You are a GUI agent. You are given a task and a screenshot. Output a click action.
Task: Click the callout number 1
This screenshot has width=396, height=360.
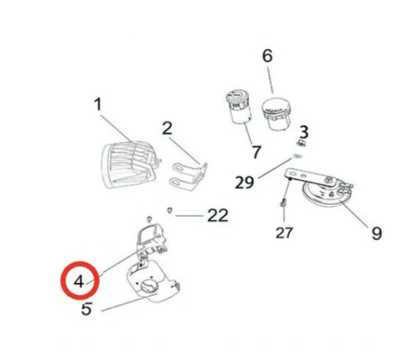pyautogui.click(x=98, y=104)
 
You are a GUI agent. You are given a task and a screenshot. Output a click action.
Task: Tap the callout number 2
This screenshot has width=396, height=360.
pyautogui.click(x=167, y=128)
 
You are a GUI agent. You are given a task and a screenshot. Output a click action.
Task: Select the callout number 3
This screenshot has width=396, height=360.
pyautogui.click(x=304, y=132)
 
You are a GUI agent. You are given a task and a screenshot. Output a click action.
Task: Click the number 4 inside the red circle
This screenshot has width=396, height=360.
pyautogui.click(x=79, y=281)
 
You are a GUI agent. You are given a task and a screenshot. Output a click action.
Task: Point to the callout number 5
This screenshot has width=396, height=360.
pyautogui.click(x=86, y=309)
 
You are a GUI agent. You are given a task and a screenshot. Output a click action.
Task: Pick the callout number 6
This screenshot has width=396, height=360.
pyautogui.click(x=267, y=56)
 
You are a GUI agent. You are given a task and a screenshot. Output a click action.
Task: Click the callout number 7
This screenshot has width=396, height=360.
pyautogui.click(x=256, y=152)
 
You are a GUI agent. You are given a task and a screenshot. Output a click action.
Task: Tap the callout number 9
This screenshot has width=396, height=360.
pyautogui.click(x=376, y=233)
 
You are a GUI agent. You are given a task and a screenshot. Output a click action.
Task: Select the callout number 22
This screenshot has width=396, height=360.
pyautogui.click(x=218, y=215)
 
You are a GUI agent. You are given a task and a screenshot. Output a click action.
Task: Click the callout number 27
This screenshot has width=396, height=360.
pyautogui.click(x=284, y=233)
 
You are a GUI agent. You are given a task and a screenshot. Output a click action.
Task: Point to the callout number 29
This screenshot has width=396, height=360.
pyautogui.click(x=244, y=182)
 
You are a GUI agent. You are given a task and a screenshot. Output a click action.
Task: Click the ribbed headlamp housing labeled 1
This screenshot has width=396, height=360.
pyautogui.click(x=129, y=165)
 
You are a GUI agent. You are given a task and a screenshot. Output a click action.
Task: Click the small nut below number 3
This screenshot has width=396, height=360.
pyautogui.click(x=300, y=144)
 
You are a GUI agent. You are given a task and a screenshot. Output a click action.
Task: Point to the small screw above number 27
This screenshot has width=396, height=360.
pyautogui.click(x=283, y=203)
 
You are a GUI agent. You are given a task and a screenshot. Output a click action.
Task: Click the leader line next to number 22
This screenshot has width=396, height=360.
pyautogui.click(x=189, y=216)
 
